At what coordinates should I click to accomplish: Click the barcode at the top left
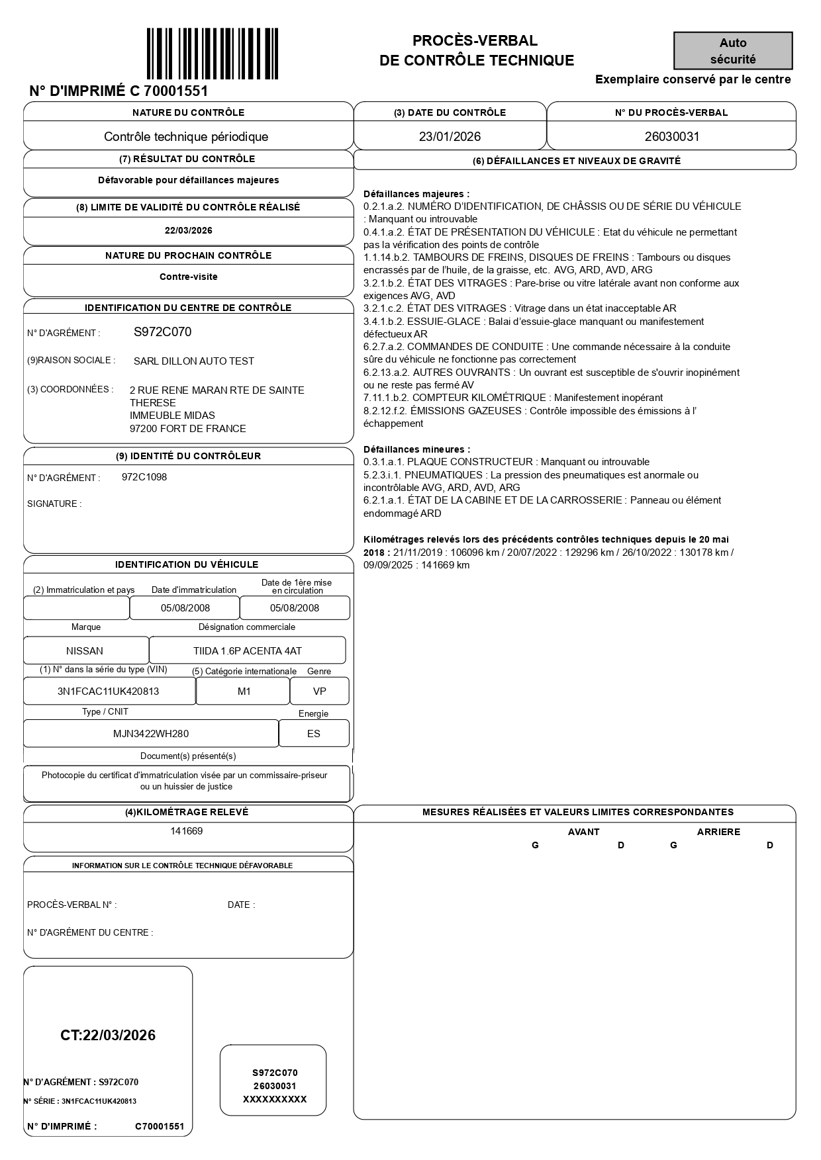(212, 54)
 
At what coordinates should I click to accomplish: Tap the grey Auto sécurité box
(733, 51)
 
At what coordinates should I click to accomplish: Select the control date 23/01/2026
(450, 137)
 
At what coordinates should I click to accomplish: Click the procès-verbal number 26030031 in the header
(671, 137)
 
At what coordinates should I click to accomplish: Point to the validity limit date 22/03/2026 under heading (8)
(189, 231)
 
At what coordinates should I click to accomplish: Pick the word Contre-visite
(189, 277)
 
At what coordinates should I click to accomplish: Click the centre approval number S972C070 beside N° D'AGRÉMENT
(162, 332)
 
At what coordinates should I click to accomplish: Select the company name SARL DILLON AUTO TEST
(193, 361)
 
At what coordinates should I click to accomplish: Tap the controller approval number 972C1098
(144, 477)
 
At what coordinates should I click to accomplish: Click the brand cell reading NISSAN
(85, 651)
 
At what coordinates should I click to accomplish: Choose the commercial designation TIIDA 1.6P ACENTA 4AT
(247, 651)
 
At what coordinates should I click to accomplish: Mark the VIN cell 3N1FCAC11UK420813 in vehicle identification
(108, 692)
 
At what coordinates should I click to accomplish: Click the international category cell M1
(244, 692)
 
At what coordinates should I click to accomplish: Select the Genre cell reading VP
(319, 692)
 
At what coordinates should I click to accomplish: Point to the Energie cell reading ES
(313, 734)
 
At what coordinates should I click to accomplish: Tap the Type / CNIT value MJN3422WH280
(150, 734)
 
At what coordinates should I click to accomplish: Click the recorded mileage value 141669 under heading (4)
(187, 831)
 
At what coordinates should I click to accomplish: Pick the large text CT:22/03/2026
(108, 1036)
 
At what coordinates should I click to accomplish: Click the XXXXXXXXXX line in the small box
(275, 1099)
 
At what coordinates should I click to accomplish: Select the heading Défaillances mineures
(416, 449)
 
